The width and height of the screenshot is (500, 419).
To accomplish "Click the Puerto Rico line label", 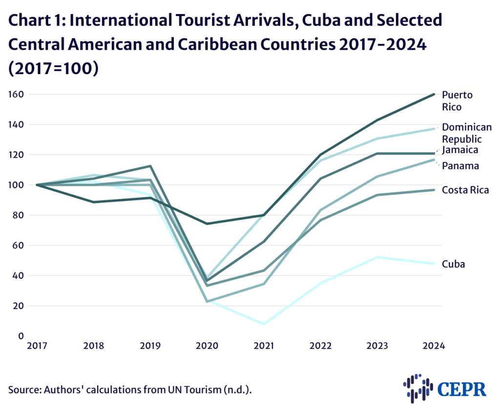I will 457,100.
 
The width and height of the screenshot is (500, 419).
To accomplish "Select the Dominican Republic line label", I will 466,133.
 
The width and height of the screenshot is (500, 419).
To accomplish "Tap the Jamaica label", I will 460,150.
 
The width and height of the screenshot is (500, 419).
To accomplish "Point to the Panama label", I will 460,166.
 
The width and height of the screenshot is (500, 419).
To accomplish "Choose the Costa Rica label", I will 465,190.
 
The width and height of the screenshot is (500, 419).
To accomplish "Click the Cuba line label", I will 453,264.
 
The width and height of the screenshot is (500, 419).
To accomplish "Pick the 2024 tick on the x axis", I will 434,346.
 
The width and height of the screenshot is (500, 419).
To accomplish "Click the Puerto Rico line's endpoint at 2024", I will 434,94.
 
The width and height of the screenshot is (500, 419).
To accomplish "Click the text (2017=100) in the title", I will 54,68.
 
